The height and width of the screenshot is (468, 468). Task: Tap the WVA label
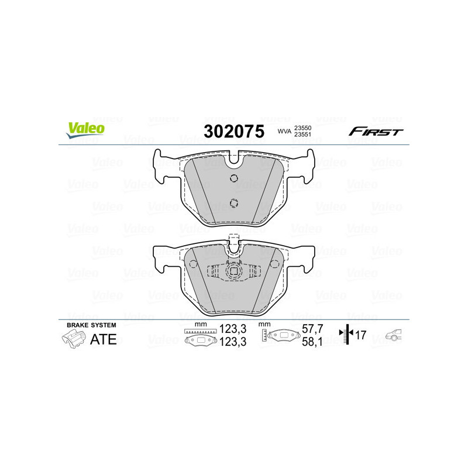pos(284,132)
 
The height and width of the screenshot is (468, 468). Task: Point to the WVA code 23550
pos(302,128)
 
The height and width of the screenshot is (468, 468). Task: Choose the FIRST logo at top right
pos(376,132)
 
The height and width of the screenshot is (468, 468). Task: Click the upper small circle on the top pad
pos(234,180)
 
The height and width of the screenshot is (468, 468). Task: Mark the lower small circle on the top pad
pos(234,203)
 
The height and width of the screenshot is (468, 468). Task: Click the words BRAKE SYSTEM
pos(91,325)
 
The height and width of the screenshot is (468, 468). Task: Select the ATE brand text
pos(104,339)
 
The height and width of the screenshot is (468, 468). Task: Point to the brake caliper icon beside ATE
pos(73,339)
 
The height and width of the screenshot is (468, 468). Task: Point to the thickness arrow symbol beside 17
pos(347,335)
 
